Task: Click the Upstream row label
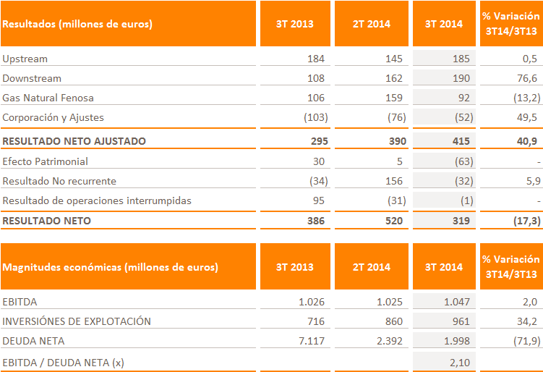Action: point(25,59)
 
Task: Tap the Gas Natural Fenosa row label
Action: point(48,98)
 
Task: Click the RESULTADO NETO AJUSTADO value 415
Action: point(461,141)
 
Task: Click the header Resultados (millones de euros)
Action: point(77,24)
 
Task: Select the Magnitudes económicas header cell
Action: point(111,267)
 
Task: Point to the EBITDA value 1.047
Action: point(456,302)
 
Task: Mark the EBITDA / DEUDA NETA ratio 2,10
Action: point(459,361)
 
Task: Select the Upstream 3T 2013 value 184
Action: point(317,59)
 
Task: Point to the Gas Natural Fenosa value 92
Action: point(463,98)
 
